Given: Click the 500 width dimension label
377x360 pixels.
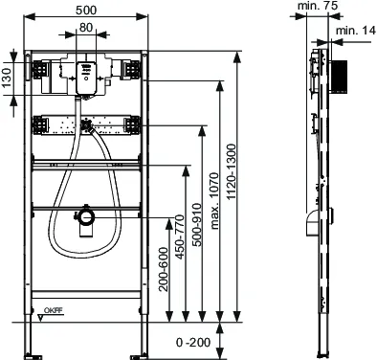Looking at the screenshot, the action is [x=86, y=11].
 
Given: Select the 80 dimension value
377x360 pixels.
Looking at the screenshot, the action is [x=86, y=28].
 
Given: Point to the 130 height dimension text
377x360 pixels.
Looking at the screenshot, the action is [x=7, y=78].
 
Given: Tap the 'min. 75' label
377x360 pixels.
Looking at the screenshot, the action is [x=318, y=6].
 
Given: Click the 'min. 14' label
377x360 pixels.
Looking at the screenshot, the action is [x=356, y=31].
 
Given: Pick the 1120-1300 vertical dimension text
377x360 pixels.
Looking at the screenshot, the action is [x=231, y=171].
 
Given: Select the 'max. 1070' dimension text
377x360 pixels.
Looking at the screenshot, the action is [x=214, y=201].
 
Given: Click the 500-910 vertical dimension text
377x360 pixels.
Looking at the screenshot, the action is [x=197, y=225].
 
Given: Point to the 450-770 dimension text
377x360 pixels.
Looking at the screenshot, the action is [x=180, y=236].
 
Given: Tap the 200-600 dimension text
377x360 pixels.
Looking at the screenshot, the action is [x=164, y=269].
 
